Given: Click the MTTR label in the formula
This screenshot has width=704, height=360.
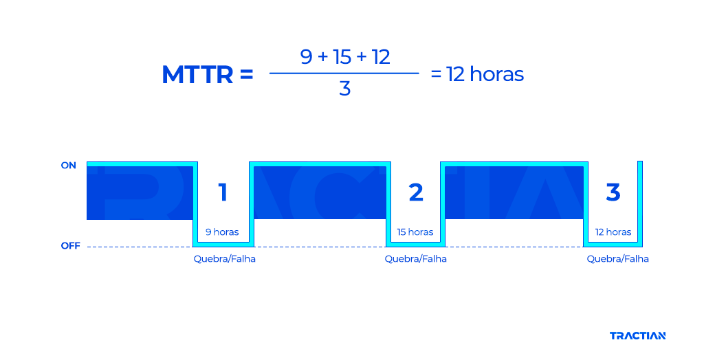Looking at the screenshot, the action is coord(197,75).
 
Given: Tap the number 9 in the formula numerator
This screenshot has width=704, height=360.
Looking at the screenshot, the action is coord(307,57).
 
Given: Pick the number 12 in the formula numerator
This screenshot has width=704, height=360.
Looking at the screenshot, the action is coord(381,57).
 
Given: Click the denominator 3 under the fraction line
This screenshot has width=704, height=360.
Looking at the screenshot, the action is coord(344,89).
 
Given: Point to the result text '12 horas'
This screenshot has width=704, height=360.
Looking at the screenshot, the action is coord(485,74).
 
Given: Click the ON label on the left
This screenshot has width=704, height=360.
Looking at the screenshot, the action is coord(69,166).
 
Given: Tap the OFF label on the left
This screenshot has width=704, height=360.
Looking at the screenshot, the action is coord(70,246).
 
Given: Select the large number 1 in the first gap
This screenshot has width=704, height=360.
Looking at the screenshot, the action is coord(223,193).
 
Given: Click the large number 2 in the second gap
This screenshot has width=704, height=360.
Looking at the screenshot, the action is coord(416,193).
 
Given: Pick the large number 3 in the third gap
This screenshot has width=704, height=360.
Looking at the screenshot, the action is coord(613,192).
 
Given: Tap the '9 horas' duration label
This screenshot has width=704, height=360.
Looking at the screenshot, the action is coord(222,232).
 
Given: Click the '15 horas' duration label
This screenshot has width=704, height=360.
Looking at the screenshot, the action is coord(415,232).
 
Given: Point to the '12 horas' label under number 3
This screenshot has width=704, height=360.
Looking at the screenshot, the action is coord(613,232).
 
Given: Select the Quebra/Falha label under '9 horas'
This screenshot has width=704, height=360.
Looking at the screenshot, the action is coord(224,259).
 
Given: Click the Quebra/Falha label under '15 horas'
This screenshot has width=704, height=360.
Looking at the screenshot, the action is coord(415,259).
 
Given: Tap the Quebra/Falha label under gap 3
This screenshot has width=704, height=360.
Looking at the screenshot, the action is coord(617,259).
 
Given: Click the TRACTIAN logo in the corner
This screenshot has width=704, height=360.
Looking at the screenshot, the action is coord(637,336).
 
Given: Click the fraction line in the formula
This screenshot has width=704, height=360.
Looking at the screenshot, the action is coord(344,73).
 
